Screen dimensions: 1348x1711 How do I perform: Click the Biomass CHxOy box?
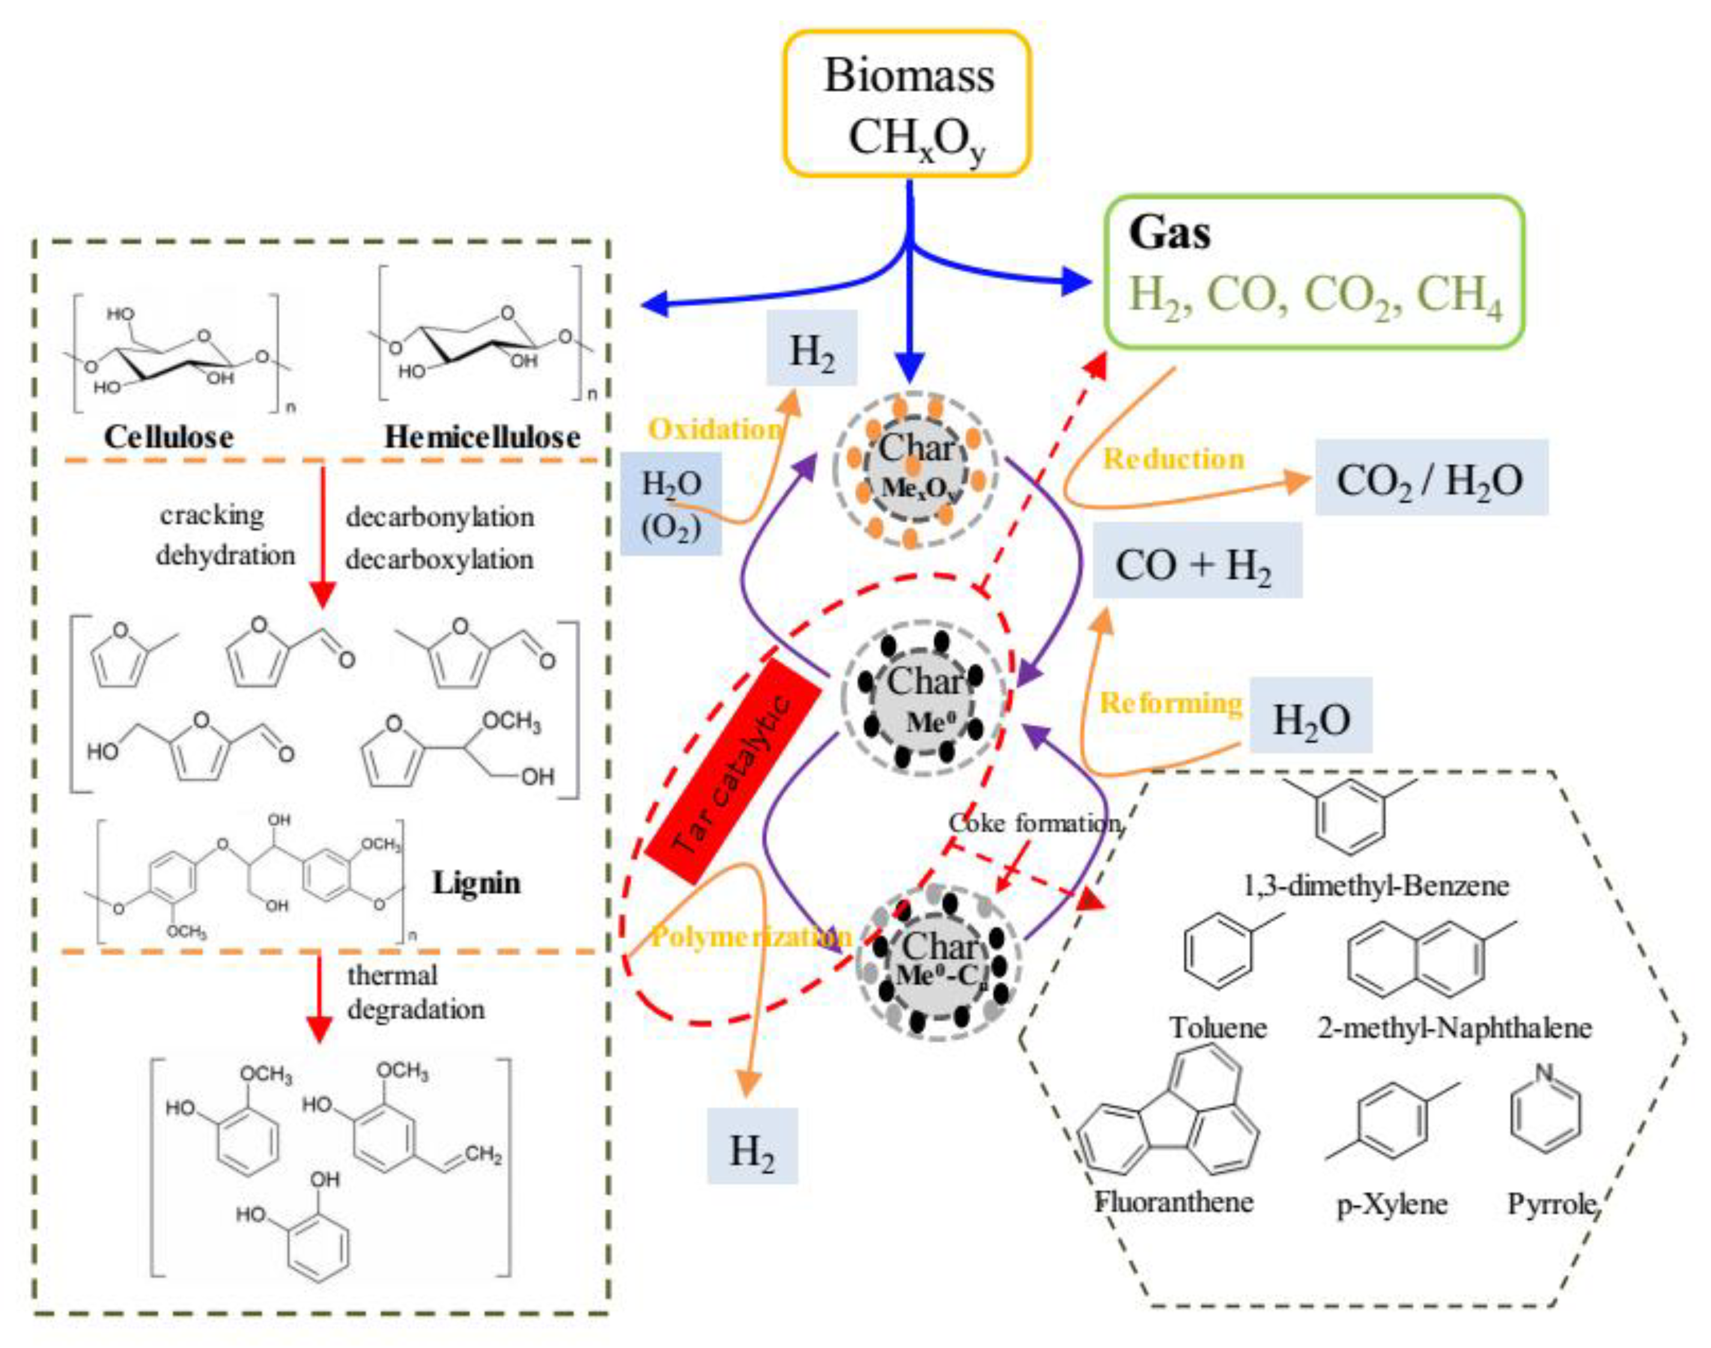tap(908, 103)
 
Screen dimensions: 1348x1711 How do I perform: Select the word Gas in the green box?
tap(1169, 234)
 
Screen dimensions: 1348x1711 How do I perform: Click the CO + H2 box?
tap(1196, 564)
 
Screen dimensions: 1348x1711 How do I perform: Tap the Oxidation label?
tap(715, 430)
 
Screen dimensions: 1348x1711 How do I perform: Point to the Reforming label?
tap(1170, 702)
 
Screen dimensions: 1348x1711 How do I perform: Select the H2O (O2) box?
tap(671, 503)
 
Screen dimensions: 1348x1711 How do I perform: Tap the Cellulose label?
tap(169, 437)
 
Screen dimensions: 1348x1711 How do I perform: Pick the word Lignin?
tap(476, 882)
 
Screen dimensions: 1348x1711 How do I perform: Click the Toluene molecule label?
tap(1218, 1028)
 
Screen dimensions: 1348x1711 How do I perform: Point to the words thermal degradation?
tap(415, 992)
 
